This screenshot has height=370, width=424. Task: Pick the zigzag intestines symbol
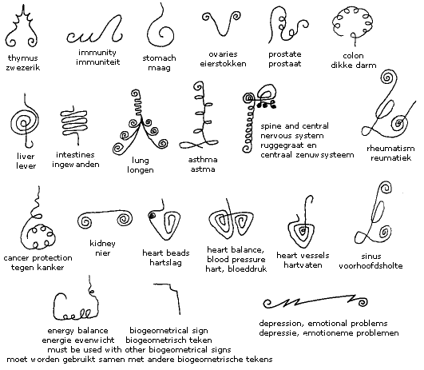click(x=73, y=121)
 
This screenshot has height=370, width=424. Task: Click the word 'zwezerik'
click(x=23, y=67)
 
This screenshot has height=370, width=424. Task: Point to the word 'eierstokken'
click(x=223, y=64)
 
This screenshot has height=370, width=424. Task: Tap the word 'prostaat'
click(x=285, y=64)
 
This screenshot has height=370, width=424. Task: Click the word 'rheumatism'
click(x=390, y=148)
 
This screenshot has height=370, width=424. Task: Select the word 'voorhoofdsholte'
click(x=371, y=265)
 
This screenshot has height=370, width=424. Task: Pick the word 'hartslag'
click(x=166, y=263)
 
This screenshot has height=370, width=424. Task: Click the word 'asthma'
click(x=203, y=159)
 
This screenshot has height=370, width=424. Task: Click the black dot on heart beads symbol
click(x=152, y=216)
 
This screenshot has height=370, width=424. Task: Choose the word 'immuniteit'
click(x=97, y=62)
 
